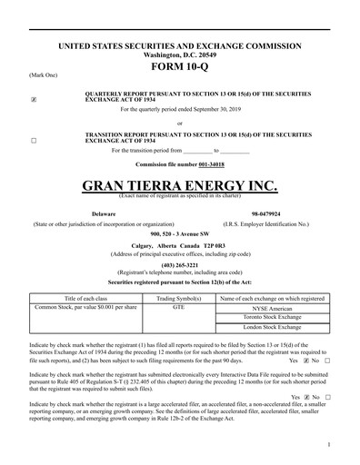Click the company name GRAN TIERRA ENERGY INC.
[179, 186]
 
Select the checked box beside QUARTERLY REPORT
[34, 99]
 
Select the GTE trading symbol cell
[178, 308]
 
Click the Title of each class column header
[85, 298]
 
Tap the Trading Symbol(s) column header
[178, 298]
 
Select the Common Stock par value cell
[85, 308]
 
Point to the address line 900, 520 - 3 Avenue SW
[179, 233]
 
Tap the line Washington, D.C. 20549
[179, 54]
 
